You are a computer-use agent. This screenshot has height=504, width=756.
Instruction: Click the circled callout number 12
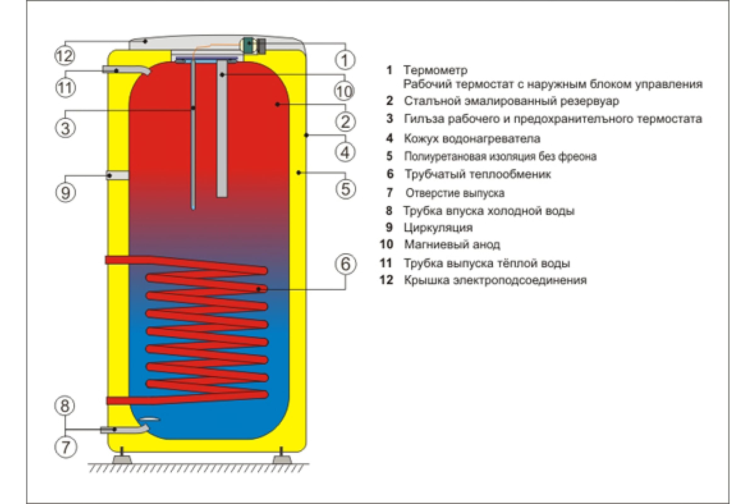[x=65, y=56]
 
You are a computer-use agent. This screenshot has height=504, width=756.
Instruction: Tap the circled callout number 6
[x=345, y=264]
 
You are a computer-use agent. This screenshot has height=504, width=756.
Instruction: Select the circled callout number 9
[x=66, y=192]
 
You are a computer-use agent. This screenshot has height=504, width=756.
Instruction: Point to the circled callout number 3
[x=65, y=128]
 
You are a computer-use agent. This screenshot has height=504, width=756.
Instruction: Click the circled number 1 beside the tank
[x=345, y=60]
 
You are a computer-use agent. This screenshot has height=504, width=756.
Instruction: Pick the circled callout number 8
[x=65, y=405]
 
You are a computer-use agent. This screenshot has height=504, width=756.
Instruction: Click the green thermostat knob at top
[x=248, y=45]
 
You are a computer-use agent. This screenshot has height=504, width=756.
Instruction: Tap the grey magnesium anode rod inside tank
[x=222, y=128]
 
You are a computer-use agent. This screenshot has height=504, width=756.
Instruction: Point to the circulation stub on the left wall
[x=117, y=175]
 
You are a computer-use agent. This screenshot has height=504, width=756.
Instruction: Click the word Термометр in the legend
[x=435, y=70]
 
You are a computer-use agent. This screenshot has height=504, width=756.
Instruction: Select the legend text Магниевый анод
[x=452, y=245]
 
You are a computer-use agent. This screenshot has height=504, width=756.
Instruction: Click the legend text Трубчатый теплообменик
[x=478, y=174]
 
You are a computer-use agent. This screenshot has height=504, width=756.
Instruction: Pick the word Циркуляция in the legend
[x=438, y=227]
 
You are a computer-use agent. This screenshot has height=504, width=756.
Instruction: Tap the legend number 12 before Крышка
[x=386, y=280]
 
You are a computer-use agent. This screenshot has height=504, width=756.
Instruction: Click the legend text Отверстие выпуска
[x=455, y=193]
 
